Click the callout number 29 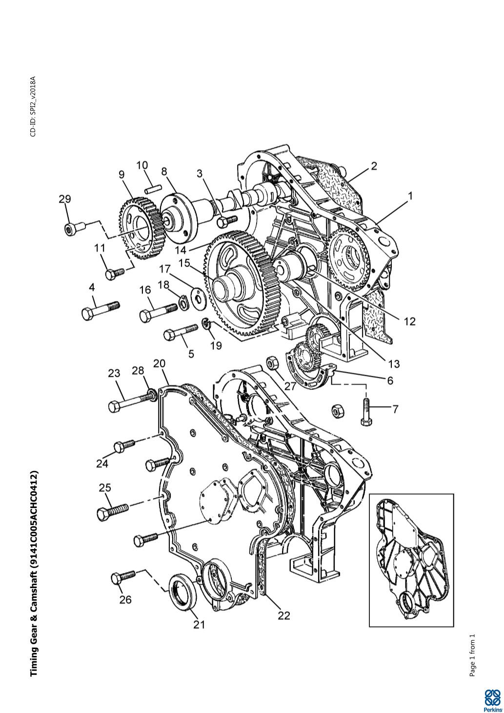[x=65, y=199]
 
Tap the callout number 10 [x=142, y=165]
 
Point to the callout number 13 [x=394, y=364]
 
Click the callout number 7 [x=395, y=408]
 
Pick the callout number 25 [x=105, y=488]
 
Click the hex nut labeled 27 [x=273, y=362]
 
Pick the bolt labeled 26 [x=123, y=576]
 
